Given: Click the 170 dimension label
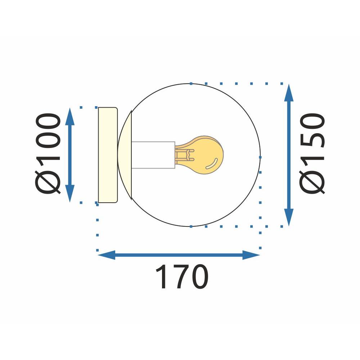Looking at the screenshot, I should click(x=182, y=277).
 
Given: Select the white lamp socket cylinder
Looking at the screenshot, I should click(x=153, y=155).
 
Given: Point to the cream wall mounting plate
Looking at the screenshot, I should click(x=108, y=155).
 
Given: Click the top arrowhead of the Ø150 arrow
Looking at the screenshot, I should click(x=289, y=93).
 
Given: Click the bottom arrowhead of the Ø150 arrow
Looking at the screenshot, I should click(x=289, y=217).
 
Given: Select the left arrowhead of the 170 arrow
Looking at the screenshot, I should click(x=107, y=255).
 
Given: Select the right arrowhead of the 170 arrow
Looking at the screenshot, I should click(x=251, y=255).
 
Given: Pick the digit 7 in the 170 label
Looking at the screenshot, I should click(x=182, y=277).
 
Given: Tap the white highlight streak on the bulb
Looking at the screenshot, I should click(x=212, y=163).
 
